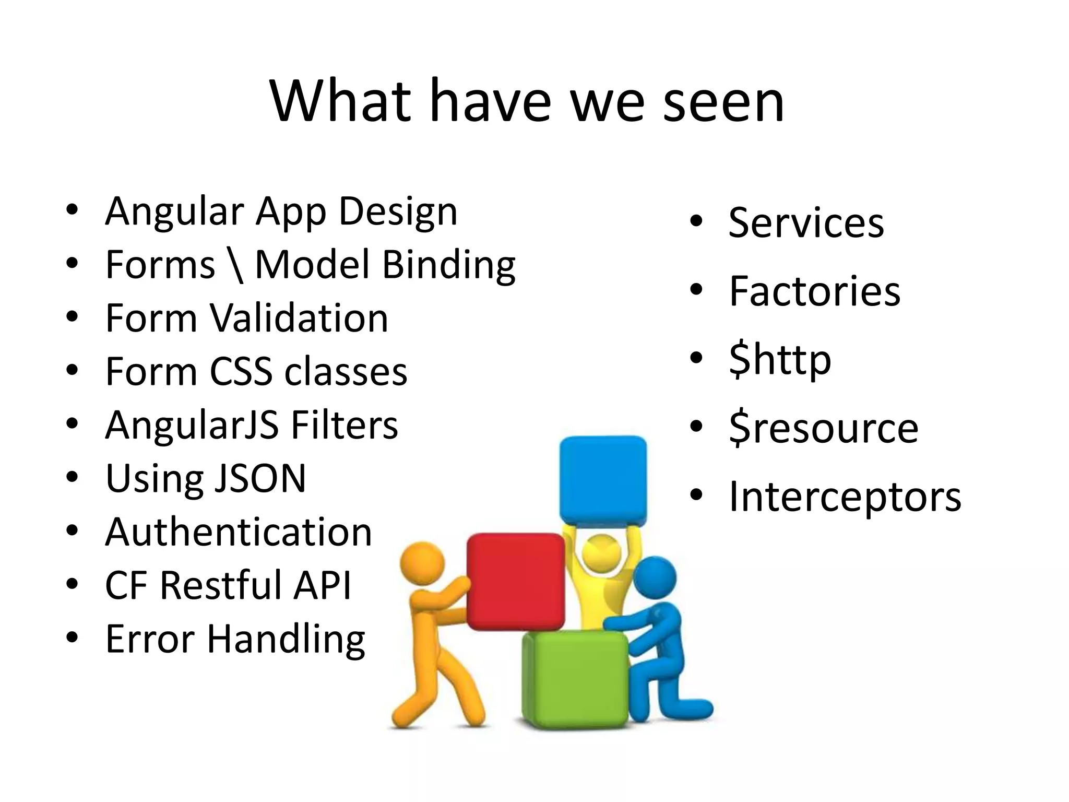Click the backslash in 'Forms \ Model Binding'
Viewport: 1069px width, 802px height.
[236, 265]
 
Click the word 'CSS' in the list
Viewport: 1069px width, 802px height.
[240, 372]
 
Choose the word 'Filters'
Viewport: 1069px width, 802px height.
[345, 425]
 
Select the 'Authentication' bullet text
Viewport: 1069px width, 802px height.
[239, 532]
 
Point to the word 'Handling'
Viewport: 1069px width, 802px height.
[286, 639]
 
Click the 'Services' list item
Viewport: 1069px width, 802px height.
[806, 223]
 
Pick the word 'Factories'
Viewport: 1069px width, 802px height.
[814, 291]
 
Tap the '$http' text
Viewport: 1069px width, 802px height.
[780, 360]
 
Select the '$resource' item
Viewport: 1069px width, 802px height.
[823, 428]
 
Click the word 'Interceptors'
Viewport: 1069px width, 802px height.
[845, 497]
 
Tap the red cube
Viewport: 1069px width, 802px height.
[515, 581]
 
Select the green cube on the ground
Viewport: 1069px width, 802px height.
[574, 679]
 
